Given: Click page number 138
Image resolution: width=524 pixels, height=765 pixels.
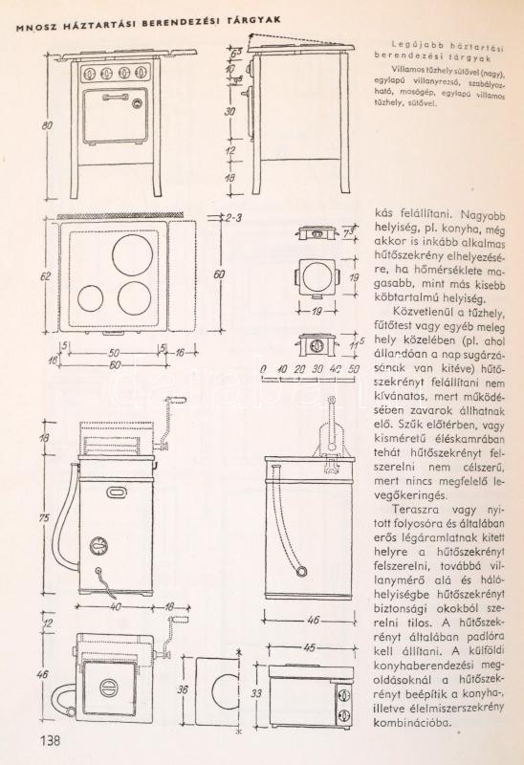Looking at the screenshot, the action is point(51,741).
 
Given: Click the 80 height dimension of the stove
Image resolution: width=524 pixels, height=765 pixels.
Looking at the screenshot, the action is point(47,125).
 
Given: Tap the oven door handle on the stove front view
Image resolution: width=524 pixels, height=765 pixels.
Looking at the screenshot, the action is point(115,98).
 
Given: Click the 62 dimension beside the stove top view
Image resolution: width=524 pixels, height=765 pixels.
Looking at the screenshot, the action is point(46,276).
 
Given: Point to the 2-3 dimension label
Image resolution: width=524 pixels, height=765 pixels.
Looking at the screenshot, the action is point(233,218).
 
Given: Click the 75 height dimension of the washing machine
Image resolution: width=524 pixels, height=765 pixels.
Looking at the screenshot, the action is point(44,517).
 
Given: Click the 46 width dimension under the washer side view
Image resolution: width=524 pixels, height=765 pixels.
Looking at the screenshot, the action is point(313,620).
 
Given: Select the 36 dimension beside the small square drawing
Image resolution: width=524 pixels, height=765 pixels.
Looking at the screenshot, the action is point(183,689).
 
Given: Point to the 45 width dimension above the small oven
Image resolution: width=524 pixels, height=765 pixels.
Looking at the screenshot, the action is point(309,648).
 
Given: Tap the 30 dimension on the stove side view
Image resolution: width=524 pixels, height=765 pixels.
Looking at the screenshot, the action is point(229,111).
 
